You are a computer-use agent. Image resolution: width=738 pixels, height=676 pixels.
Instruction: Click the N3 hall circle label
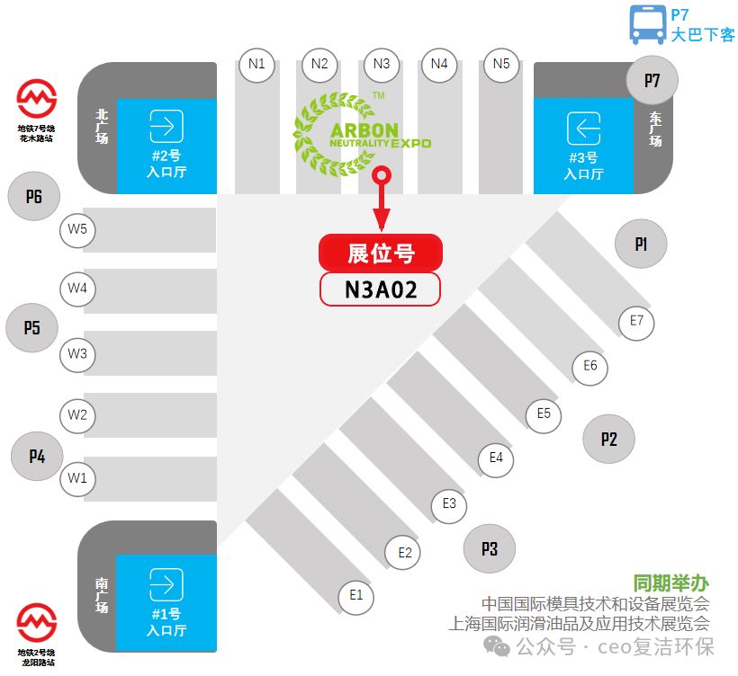click(x=382, y=65)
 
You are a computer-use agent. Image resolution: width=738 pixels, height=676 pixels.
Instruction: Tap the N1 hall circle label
click(x=257, y=65)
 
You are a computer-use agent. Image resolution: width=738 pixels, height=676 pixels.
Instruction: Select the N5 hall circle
click(x=501, y=65)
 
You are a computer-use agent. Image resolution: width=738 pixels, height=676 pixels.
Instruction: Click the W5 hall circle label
click(x=77, y=230)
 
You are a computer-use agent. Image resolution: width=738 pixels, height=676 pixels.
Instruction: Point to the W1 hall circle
click(x=77, y=478)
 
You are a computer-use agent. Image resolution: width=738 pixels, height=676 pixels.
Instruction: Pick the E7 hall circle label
click(x=636, y=322)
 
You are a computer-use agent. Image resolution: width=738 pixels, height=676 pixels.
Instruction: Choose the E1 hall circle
click(x=356, y=596)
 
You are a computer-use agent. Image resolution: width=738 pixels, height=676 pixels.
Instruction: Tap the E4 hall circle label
click(x=496, y=458)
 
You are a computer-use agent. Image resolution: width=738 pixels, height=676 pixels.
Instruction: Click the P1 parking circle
click(x=641, y=244)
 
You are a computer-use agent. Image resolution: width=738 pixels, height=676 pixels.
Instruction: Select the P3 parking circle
click(x=490, y=548)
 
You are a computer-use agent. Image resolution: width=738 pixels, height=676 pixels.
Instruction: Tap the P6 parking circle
click(x=34, y=196)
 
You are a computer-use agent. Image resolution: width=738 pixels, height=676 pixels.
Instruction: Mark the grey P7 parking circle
click(x=652, y=80)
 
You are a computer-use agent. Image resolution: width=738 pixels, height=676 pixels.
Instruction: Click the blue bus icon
click(x=648, y=24)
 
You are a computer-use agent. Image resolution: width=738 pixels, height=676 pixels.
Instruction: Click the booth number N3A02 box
click(x=381, y=289)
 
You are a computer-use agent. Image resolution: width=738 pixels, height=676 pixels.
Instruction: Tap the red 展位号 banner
click(x=381, y=253)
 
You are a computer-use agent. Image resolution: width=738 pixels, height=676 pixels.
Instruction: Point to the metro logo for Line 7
click(x=37, y=98)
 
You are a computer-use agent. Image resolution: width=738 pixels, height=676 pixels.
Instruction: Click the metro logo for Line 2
click(x=37, y=622)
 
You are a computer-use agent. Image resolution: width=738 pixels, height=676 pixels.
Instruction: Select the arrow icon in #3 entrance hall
click(x=583, y=128)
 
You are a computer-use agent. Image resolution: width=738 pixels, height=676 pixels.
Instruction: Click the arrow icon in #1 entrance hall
click(x=166, y=584)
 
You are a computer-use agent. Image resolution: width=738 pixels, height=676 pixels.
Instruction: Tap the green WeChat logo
click(x=497, y=646)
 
